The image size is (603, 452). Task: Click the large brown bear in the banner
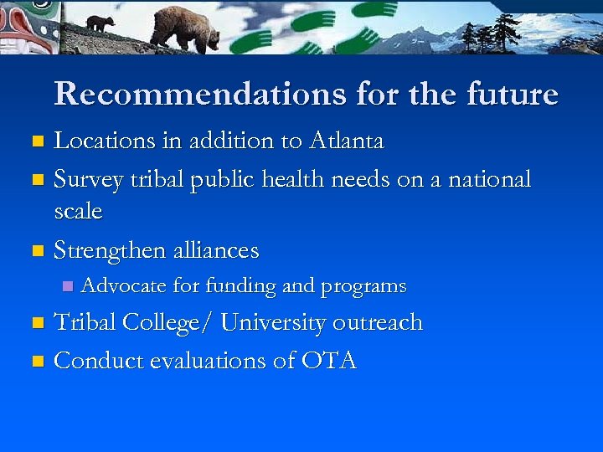tap(185, 28)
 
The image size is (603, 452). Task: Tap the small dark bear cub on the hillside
tap(100, 23)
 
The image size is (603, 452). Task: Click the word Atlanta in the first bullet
tap(345, 141)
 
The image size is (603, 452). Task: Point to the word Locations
tap(105, 141)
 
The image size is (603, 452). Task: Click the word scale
tap(78, 211)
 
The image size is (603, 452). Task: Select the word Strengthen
tap(119, 250)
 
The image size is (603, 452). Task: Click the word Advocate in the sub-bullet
tap(124, 286)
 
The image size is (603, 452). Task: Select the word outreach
tap(378, 322)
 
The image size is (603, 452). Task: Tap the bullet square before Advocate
tap(69, 287)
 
